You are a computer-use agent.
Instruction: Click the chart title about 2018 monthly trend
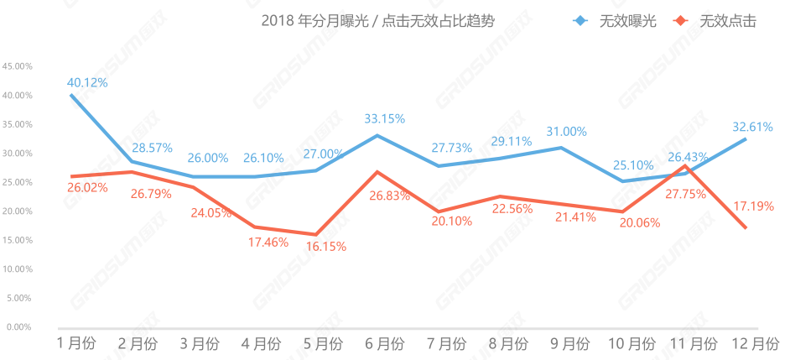377,22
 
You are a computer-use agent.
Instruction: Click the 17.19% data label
753,206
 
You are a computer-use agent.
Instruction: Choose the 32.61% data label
752,127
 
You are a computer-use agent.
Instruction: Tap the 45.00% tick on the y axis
18,65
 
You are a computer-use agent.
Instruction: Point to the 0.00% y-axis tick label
19,326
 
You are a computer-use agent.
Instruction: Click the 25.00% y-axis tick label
18,182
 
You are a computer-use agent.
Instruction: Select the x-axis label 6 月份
384,343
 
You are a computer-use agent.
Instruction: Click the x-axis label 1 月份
76,343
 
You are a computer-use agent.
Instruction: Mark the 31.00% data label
567,132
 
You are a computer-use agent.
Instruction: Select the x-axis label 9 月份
569,343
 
